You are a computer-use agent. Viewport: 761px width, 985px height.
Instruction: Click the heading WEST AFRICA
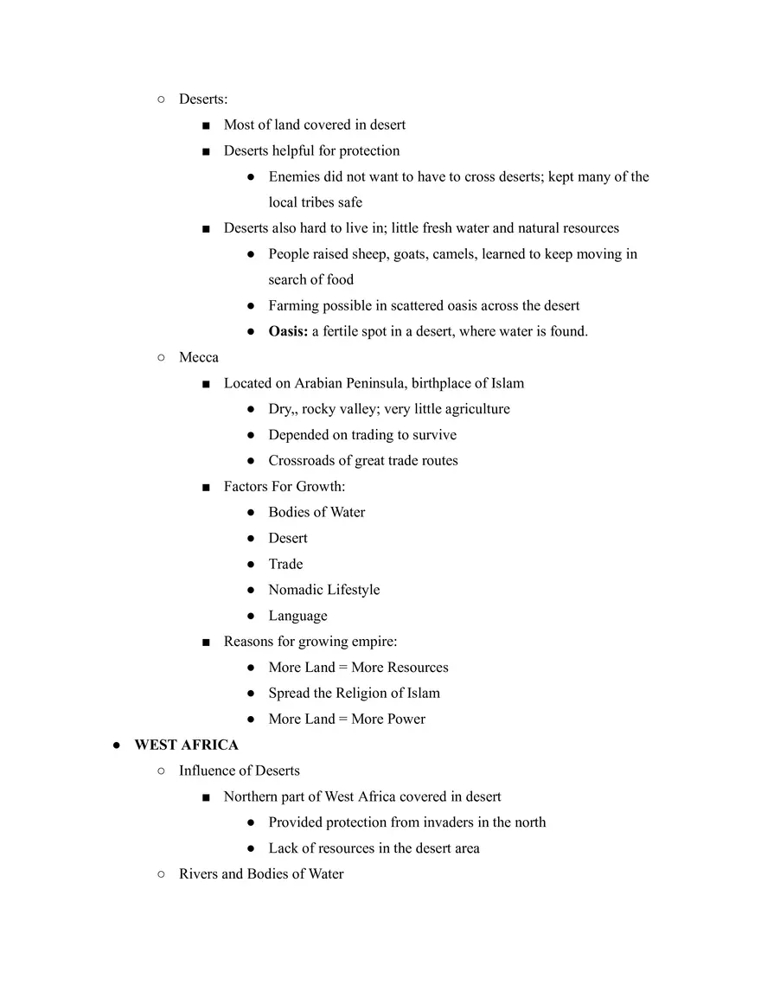[186, 745]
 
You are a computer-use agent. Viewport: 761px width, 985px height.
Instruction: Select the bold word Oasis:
[288, 331]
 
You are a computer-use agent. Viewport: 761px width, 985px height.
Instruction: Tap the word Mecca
[199, 357]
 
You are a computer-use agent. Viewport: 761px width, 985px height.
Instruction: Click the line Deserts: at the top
[203, 99]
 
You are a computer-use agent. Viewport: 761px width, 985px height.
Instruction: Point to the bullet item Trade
[285, 564]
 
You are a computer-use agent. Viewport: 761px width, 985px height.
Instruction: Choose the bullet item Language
[297, 616]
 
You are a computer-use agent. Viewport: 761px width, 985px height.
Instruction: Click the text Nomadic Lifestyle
[323, 590]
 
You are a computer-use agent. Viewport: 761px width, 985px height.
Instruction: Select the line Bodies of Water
[317, 512]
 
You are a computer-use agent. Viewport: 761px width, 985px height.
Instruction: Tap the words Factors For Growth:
[284, 486]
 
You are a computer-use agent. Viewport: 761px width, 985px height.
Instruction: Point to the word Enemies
[296, 176]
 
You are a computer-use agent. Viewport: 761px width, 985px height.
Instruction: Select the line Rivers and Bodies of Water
[261, 873]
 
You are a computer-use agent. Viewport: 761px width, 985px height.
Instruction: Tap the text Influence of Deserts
[239, 771]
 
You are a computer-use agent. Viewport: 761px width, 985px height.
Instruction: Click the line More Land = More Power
[347, 719]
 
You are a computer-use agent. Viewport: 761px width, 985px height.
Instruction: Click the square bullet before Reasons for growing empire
[206, 642]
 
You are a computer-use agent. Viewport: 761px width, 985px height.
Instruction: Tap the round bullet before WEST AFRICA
[116, 745]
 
